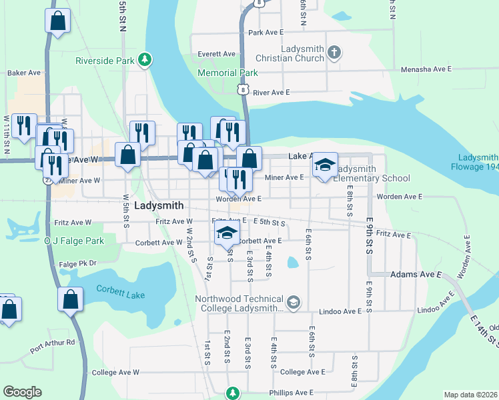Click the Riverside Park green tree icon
145,61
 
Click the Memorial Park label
227,73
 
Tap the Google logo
22,392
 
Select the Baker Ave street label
25,72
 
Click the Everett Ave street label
217,54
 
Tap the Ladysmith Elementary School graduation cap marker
325,165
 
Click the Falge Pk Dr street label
77,263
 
